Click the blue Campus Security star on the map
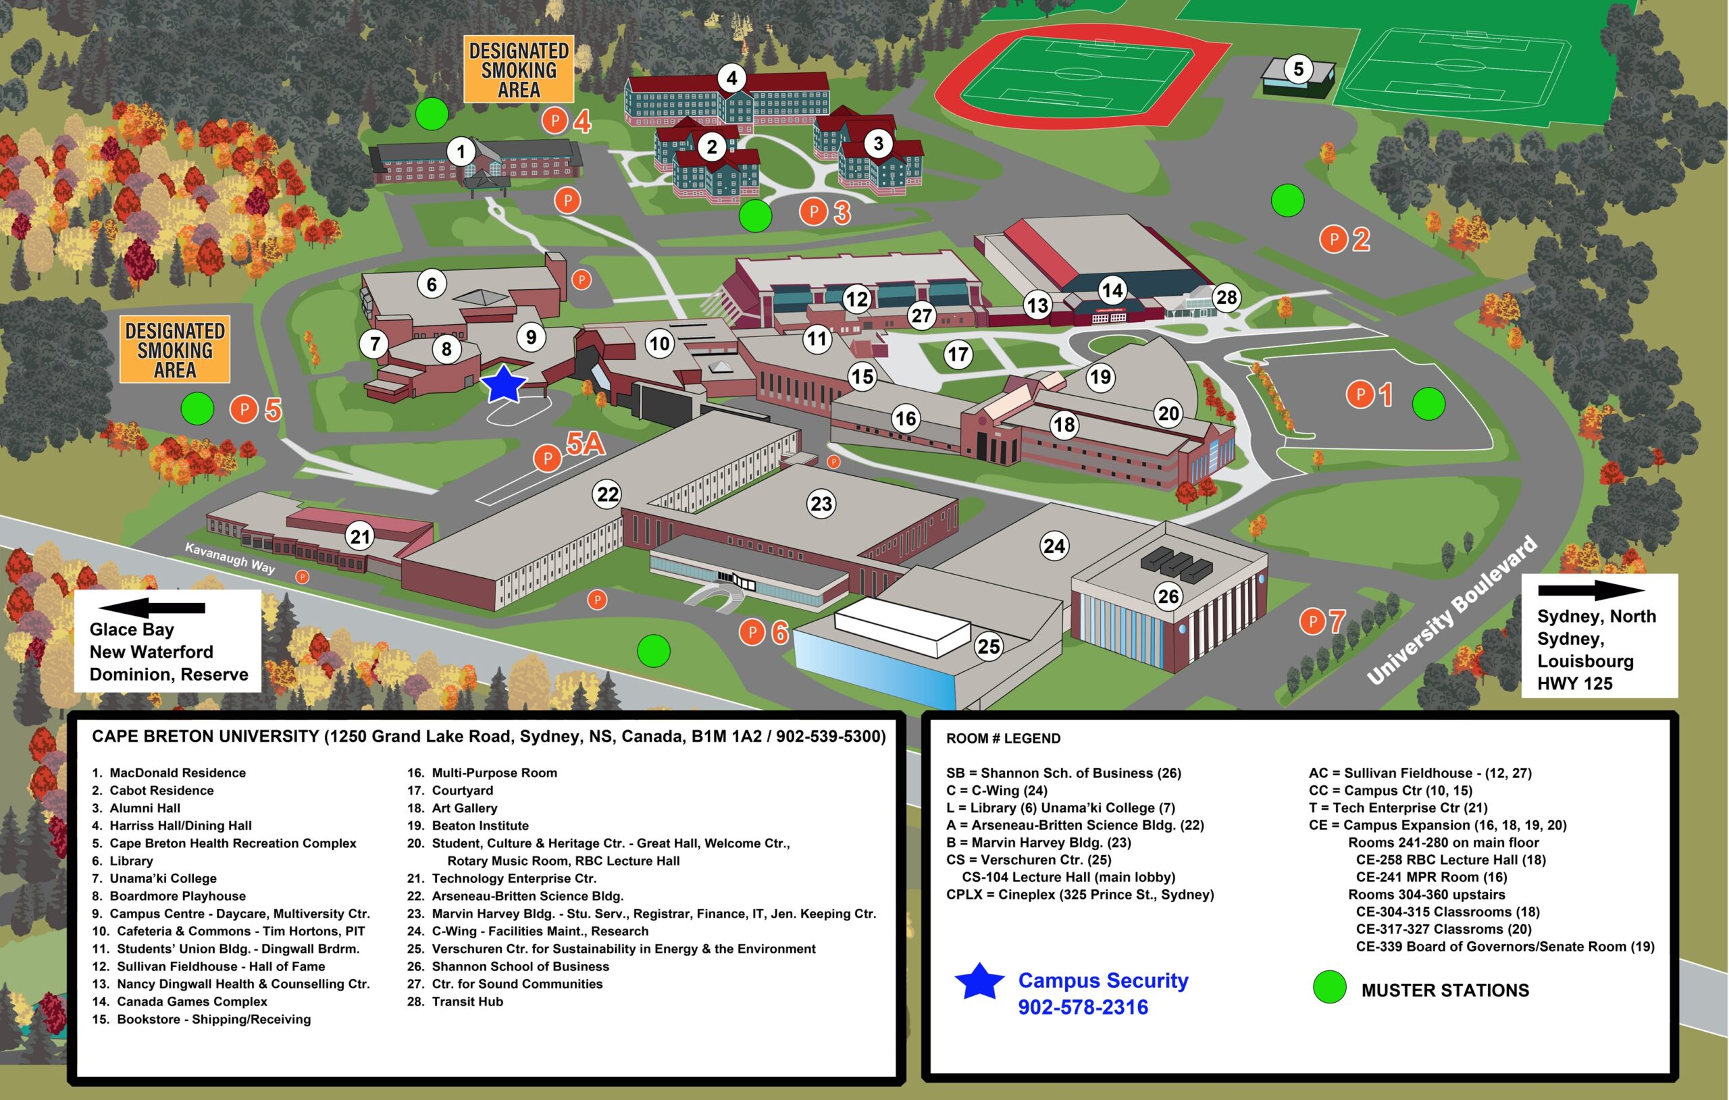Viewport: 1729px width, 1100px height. point(503,384)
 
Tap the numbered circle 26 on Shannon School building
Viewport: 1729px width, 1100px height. point(1168,596)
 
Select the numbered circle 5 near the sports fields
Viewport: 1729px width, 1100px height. point(1298,70)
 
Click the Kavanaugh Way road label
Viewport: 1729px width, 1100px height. point(230,558)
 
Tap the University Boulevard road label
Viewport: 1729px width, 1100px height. point(1452,610)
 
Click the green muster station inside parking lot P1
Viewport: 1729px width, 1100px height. point(1428,404)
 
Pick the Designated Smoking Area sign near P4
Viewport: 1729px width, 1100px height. point(519,70)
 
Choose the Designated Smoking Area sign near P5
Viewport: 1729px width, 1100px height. point(174,350)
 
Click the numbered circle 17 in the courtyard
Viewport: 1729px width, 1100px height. point(958,354)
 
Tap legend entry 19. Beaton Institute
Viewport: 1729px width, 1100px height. point(468,826)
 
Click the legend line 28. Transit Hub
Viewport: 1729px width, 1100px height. point(455,1001)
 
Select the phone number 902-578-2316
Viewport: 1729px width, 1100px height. point(1083,1007)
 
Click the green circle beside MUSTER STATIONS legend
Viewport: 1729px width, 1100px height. point(1329,987)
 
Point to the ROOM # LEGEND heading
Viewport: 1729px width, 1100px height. point(1003,738)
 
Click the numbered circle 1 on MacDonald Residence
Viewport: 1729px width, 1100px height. point(461,151)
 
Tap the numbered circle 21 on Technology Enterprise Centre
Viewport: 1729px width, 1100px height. point(360,536)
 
